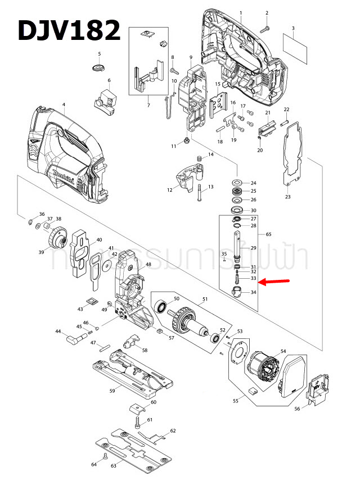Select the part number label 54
(283, 351)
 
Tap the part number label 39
(41, 253)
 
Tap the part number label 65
(268, 233)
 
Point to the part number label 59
(112, 391)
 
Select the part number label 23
(288, 197)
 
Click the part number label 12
(169, 191)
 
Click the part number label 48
(148, 264)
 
